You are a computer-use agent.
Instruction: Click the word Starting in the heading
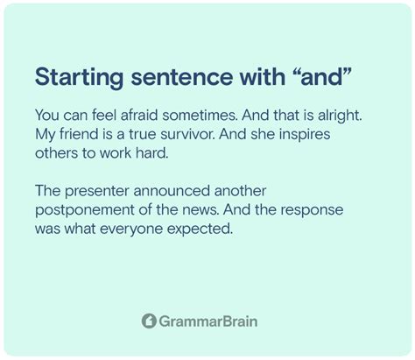pyautogui.click(x=79, y=78)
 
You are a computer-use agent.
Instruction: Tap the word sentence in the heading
pyautogui.click(x=181, y=77)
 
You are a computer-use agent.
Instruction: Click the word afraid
pyautogui.click(x=139, y=115)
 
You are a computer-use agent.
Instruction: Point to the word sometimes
pyautogui.click(x=200, y=116)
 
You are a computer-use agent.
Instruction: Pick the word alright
pyautogui.click(x=340, y=116)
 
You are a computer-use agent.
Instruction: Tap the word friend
pyautogui.click(x=79, y=134)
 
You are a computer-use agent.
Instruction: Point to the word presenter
pyautogui.click(x=96, y=192)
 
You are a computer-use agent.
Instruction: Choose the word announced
pyautogui.click(x=172, y=191)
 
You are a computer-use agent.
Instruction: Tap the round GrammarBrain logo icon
pyautogui.click(x=149, y=321)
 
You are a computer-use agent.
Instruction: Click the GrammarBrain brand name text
pyautogui.click(x=208, y=321)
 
